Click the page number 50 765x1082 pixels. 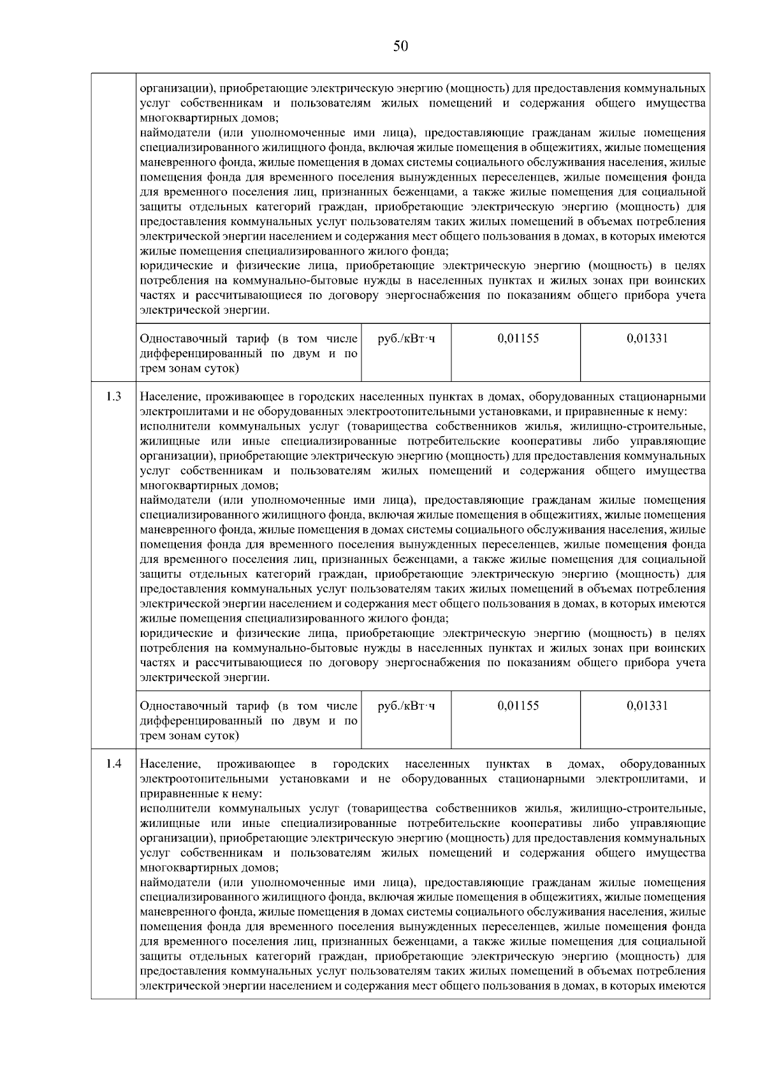400,46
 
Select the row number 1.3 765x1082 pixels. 114,397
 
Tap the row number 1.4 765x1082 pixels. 114,764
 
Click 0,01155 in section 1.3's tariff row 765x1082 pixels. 518,706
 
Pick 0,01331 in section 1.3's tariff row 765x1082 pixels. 647,706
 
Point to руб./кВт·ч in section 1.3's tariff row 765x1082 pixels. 407,706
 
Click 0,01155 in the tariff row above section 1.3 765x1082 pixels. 518,339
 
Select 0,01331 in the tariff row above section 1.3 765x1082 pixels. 647,339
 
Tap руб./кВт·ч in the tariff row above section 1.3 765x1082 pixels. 407,339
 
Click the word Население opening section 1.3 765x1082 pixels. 167,397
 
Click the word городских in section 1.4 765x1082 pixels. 361,764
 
